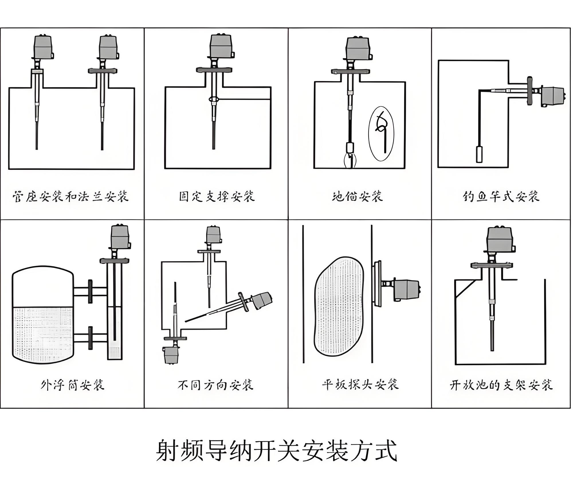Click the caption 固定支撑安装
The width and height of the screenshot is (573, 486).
pyautogui.click(x=217, y=197)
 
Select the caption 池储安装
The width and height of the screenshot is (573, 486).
pyautogui.click(x=357, y=197)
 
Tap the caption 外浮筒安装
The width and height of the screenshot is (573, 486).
pyautogui.click(x=72, y=385)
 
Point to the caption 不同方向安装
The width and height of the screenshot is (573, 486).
pyautogui.click(x=215, y=385)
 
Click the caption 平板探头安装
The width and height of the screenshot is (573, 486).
pyautogui.click(x=360, y=385)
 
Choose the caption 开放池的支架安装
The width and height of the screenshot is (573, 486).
pyautogui.click(x=501, y=385)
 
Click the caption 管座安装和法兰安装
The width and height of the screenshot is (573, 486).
pyautogui.click(x=70, y=197)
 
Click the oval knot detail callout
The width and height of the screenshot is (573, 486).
pyautogui.click(x=381, y=134)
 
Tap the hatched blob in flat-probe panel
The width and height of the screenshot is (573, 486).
pyautogui.click(x=339, y=306)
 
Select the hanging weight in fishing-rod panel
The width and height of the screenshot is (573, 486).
pyautogui.click(x=479, y=154)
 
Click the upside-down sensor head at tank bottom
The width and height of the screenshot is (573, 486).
pyautogui.click(x=171, y=355)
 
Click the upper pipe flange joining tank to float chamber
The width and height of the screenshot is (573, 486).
pyautogui.click(x=90, y=291)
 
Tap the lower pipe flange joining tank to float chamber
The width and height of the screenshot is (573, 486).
pyautogui.click(x=90, y=338)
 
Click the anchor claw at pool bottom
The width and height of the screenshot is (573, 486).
pyautogui.click(x=350, y=161)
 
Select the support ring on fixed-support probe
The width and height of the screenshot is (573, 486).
pyautogui.click(x=213, y=99)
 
